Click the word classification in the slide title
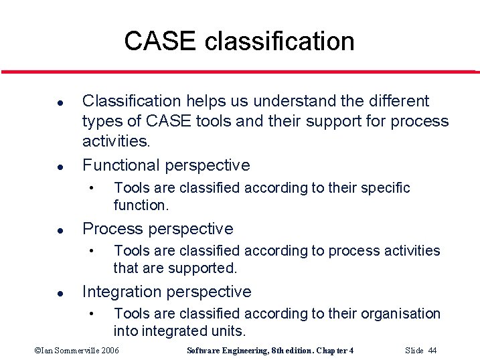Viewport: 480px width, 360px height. (x=279, y=41)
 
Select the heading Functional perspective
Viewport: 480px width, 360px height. (x=165, y=165)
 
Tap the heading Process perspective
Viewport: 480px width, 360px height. (x=157, y=229)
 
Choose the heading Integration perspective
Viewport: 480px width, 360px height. (x=166, y=292)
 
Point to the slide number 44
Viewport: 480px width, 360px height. (x=432, y=351)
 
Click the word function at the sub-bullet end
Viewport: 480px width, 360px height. (x=139, y=205)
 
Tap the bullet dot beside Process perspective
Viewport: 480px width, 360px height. (x=42, y=230)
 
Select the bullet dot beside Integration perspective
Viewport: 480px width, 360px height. (x=42, y=293)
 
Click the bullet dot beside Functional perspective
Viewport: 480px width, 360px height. (x=42, y=167)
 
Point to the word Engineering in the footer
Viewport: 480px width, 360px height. (x=252, y=351)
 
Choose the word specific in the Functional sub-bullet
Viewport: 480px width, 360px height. (x=384, y=188)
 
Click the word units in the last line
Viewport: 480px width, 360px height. (x=229, y=331)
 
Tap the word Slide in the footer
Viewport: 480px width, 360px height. (x=414, y=351)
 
